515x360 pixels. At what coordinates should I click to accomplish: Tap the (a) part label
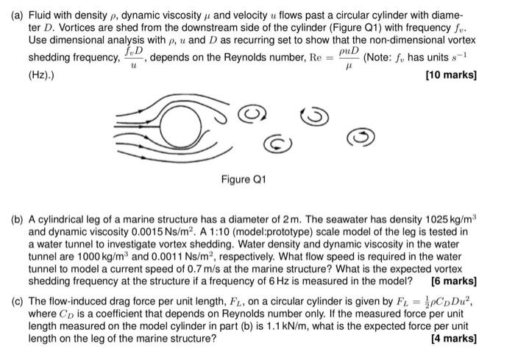(18, 10)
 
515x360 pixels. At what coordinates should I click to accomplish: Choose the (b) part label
(18, 219)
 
